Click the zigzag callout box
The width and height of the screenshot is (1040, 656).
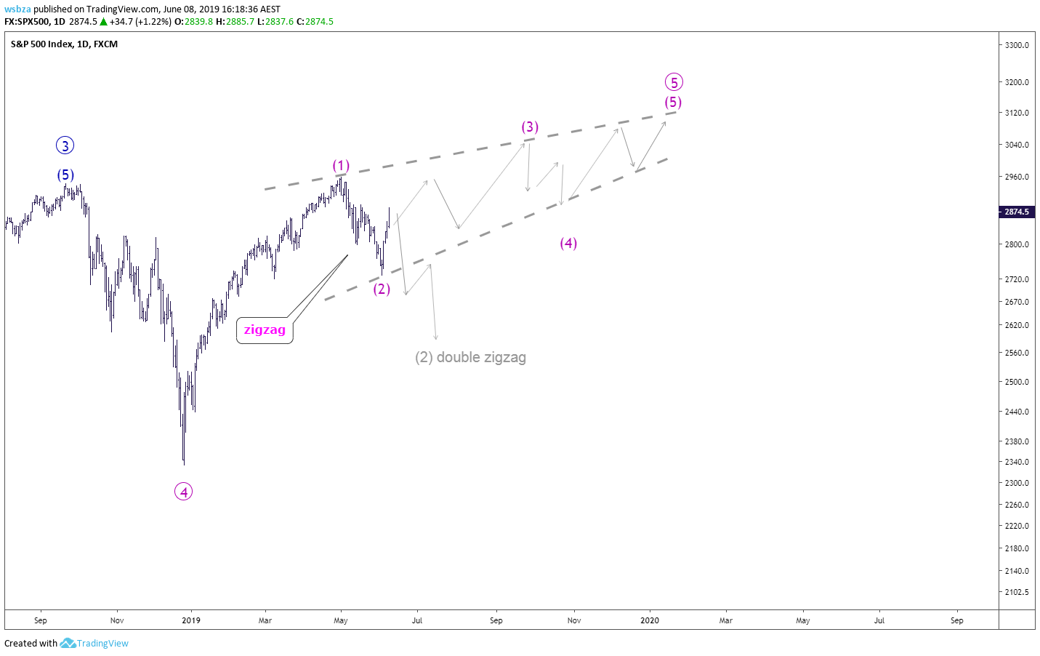click(x=265, y=330)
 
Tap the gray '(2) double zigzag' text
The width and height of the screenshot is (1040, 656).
click(x=470, y=357)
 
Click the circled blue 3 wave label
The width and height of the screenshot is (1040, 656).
click(x=65, y=146)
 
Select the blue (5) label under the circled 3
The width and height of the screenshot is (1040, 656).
click(x=65, y=175)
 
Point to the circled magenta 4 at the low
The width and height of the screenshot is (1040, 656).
click(x=183, y=492)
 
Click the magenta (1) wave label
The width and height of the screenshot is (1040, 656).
click(x=341, y=165)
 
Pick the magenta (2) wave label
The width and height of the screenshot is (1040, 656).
click(x=382, y=289)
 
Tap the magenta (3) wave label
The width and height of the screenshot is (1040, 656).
click(x=530, y=127)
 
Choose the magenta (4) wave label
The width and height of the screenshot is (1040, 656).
click(x=568, y=243)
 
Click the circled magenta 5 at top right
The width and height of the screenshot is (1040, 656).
click(x=674, y=82)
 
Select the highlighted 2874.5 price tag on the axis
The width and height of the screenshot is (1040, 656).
click(x=1016, y=212)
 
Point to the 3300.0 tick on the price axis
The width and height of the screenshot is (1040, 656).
click(x=1017, y=45)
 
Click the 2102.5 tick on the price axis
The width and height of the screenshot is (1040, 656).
click(x=1017, y=592)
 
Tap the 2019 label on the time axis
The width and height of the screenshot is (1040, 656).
click(x=191, y=620)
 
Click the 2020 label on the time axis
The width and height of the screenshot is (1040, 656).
click(x=650, y=620)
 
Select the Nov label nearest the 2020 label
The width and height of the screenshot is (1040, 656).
click(x=574, y=620)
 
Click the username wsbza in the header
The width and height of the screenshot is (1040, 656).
click(x=17, y=9)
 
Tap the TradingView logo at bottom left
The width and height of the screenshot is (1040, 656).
click(x=94, y=643)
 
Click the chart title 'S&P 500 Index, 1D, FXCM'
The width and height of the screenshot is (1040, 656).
click(x=64, y=44)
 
